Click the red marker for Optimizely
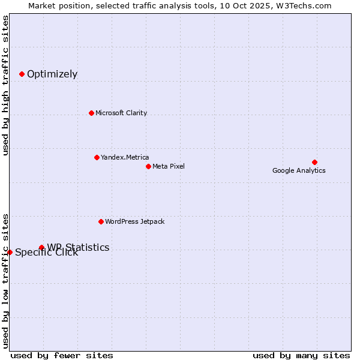22,74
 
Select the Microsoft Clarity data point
91,113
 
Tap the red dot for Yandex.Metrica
97,157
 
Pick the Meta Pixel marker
148,166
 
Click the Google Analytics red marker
314,162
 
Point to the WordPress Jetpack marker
101,221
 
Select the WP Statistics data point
41,247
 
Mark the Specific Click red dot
10,252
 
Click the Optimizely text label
52,74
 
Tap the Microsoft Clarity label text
121,113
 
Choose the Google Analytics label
299,170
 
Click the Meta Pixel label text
169,166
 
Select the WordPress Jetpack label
135,221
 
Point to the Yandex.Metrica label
125,157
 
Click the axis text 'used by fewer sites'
62,355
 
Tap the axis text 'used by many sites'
301,355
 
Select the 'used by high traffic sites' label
6,85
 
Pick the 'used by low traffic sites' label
6,281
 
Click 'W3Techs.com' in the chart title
306,6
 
